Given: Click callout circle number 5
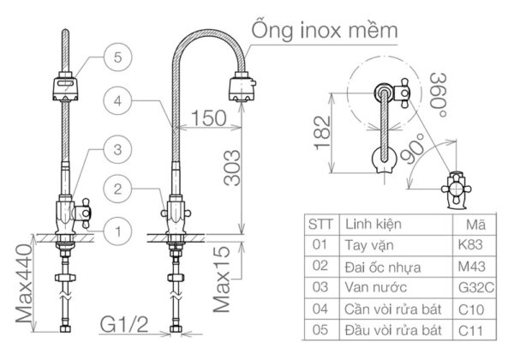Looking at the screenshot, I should tap(117, 58).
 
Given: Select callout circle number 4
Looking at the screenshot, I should tap(117, 101).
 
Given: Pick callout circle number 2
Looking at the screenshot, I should tap(117, 188).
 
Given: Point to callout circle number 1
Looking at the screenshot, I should tap(117, 229).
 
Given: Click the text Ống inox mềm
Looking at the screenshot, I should tap(324, 30).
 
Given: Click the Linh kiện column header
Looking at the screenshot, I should tap(374, 224).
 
